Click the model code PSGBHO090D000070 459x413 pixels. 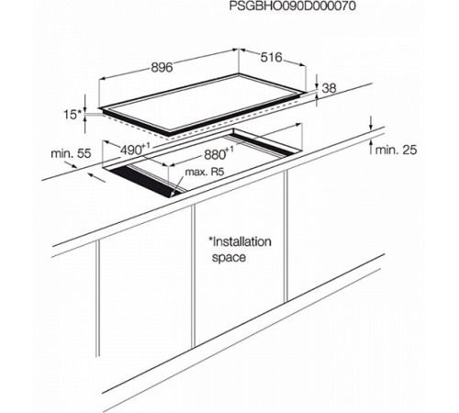coord(293,6)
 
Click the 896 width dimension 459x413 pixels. coord(162,67)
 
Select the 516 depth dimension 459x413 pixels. coord(271,57)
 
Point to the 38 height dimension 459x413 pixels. coord(329,88)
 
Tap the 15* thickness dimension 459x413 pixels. coord(73,115)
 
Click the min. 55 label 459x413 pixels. coord(71,153)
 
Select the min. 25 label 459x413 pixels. coord(396,150)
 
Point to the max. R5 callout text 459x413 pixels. coord(205,172)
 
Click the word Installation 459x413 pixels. coord(241,241)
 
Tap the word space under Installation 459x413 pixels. coord(229,258)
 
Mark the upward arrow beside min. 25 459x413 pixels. coord(371,146)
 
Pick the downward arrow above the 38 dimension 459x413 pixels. coord(317,83)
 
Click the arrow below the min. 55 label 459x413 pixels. coord(96,177)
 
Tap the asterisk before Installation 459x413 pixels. coord(210,239)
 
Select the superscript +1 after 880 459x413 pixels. coord(229,151)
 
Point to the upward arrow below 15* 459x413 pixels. coord(84,125)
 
